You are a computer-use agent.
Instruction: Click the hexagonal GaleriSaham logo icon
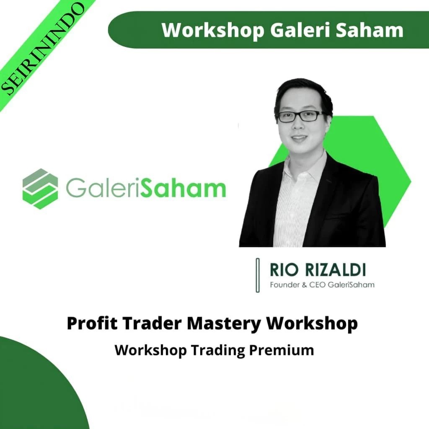click(40, 189)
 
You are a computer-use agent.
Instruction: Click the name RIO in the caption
click(280, 271)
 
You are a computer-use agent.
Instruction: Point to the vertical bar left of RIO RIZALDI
click(258, 275)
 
